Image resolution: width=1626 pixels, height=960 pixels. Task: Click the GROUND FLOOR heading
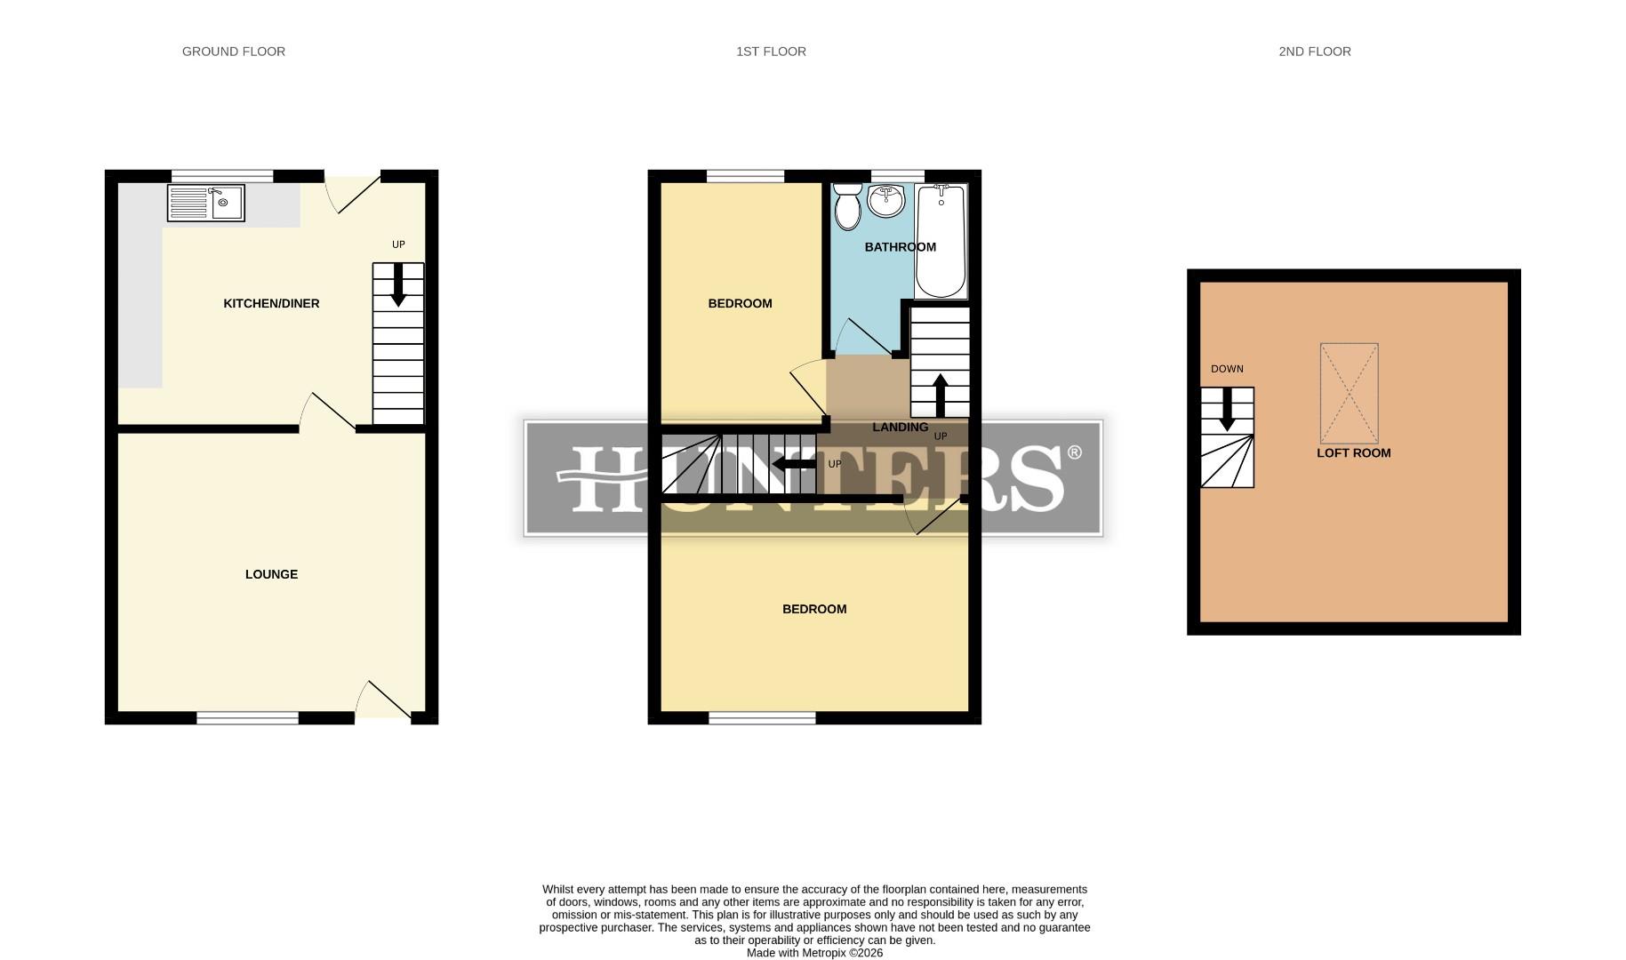[x=234, y=52]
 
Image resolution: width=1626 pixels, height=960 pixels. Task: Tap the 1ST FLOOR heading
[x=771, y=52]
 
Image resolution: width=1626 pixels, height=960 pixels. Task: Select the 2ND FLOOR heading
[x=1315, y=52]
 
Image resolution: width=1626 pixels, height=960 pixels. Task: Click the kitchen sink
[x=206, y=203]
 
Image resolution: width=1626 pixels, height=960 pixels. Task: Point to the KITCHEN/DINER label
[x=271, y=304]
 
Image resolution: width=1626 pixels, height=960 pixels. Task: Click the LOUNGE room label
[x=271, y=574]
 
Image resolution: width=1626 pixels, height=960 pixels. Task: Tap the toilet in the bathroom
[x=847, y=207]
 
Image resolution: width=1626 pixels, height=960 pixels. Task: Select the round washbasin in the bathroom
[x=885, y=201]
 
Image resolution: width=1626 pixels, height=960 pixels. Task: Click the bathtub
[x=941, y=242]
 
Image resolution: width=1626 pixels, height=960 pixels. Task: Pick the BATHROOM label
[x=900, y=247]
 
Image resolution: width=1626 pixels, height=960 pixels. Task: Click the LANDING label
[x=900, y=428]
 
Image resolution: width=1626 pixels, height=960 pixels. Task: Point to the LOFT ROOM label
[x=1353, y=453]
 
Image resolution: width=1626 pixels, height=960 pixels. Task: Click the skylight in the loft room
[x=1349, y=393]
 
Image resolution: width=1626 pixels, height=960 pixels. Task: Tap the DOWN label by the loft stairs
[x=1227, y=369]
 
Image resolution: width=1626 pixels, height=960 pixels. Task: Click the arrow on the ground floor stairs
[x=398, y=285]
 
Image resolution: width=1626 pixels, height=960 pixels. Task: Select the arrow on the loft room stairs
[x=1227, y=410]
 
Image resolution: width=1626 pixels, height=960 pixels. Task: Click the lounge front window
[x=247, y=718]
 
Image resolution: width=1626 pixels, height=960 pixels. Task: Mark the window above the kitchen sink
[x=222, y=175]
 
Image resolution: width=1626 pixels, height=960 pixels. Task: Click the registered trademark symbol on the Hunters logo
[x=1074, y=453]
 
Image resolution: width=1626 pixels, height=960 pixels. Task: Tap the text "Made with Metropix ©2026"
[x=814, y=953]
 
